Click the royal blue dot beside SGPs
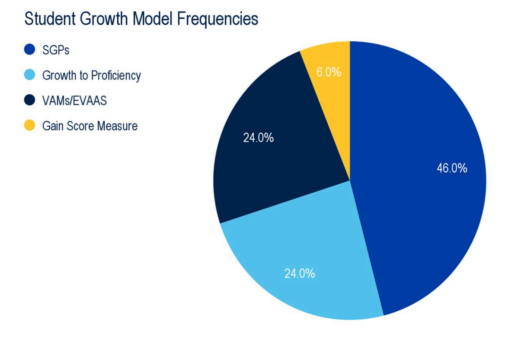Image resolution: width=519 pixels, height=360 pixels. click(30, 50)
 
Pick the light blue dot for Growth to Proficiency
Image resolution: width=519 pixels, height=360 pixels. click(30, 75)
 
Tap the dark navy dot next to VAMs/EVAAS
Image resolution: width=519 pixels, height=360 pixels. click(30, 101)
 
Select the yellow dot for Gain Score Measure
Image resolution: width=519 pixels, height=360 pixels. click(30, 126)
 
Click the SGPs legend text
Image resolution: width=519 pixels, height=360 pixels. click(56, 50)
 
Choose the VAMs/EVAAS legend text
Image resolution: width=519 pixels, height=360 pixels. click(74, 101)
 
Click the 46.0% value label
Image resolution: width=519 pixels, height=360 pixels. click(452, 168)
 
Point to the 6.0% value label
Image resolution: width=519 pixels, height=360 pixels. click(328, 72)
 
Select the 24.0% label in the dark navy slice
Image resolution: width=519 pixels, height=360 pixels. click(258, 138)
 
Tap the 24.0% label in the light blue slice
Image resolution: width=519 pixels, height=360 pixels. click(299, 274)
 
